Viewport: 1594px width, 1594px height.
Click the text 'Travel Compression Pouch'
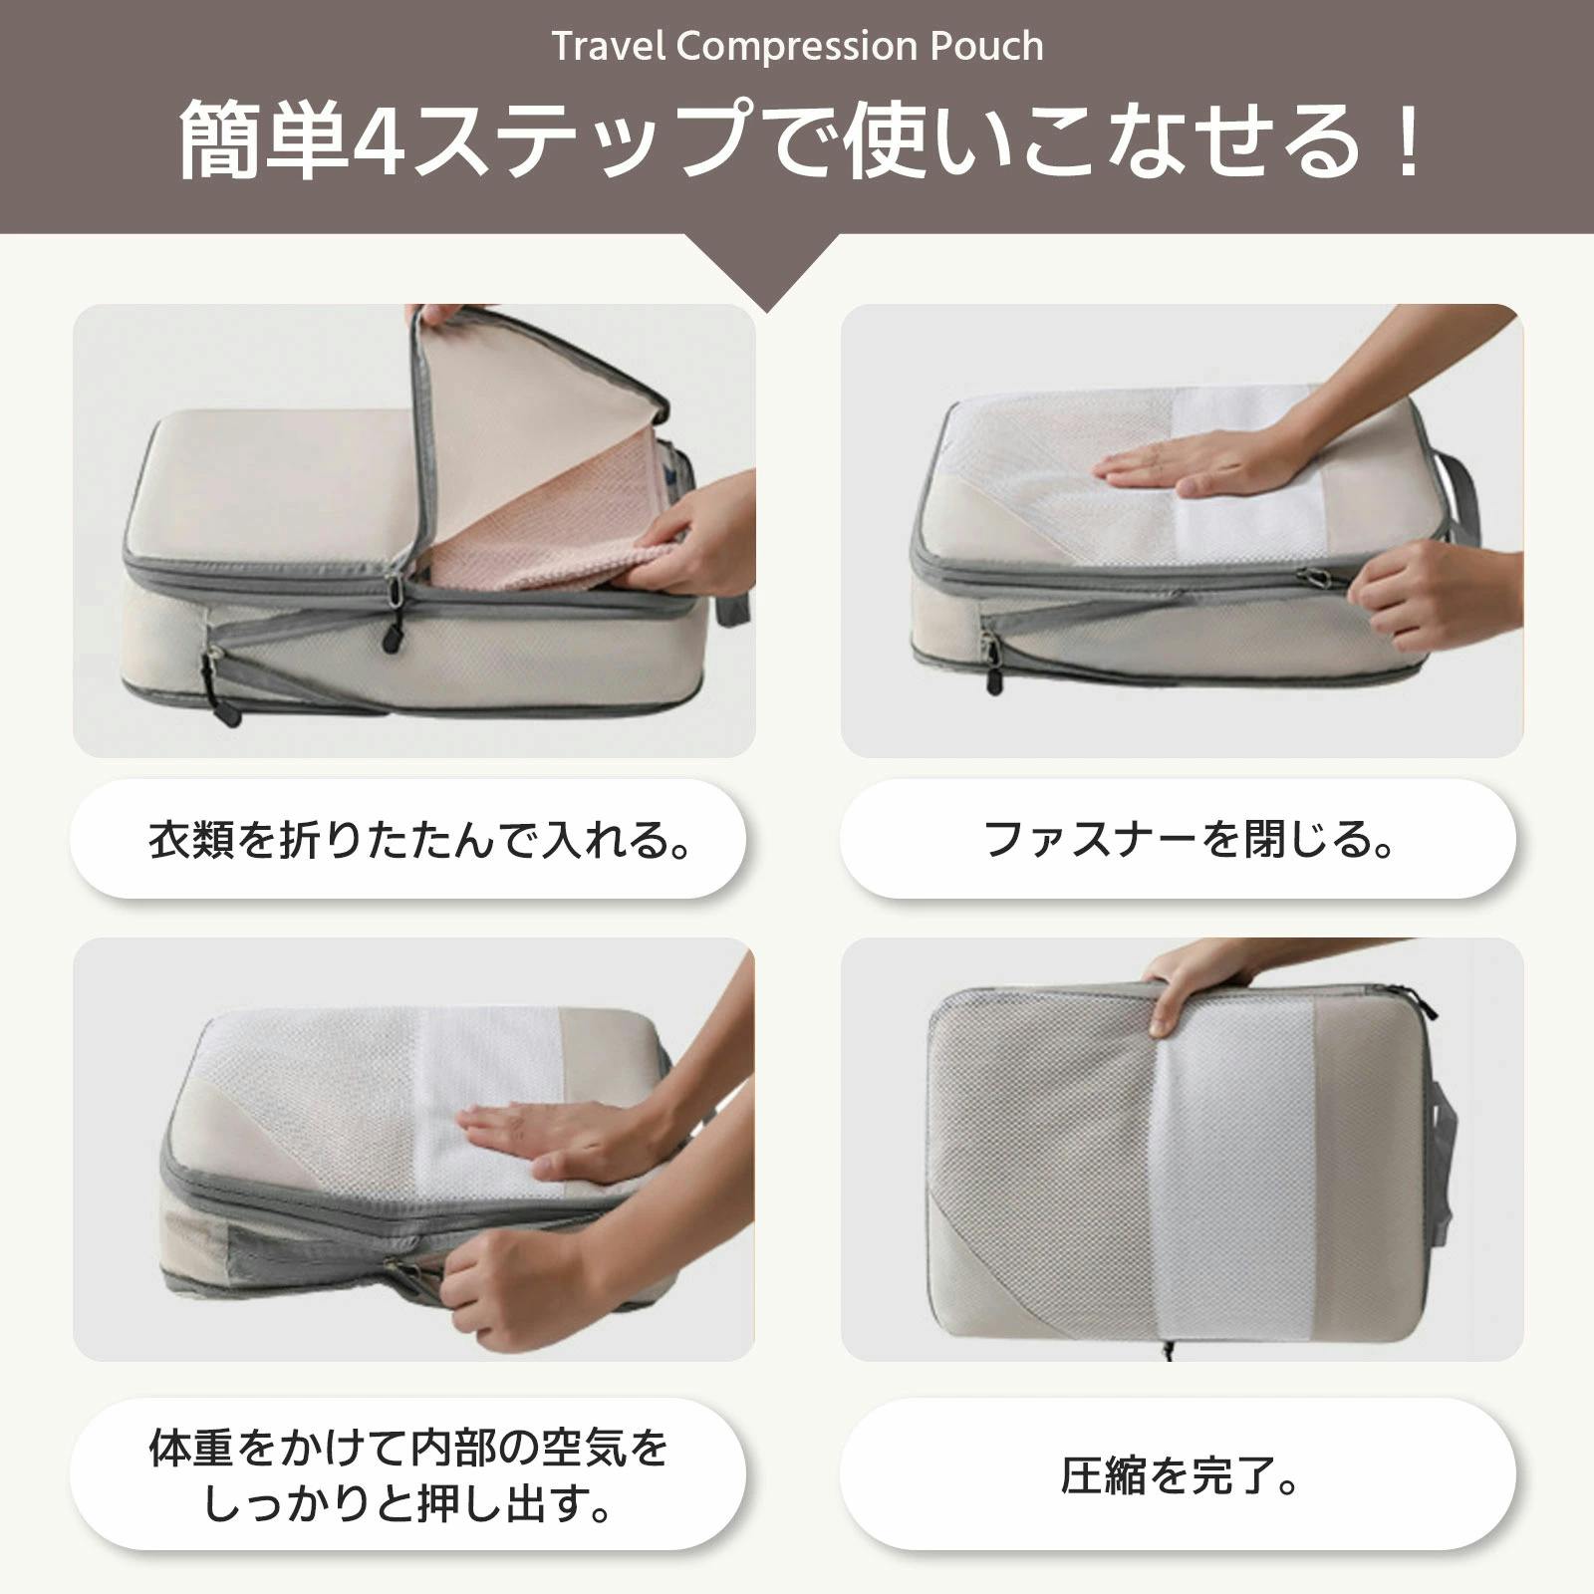798,46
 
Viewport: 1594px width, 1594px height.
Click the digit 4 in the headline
378,141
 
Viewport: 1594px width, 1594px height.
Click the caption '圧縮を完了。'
1180,1475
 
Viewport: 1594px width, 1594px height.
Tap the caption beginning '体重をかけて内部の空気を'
408,1476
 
